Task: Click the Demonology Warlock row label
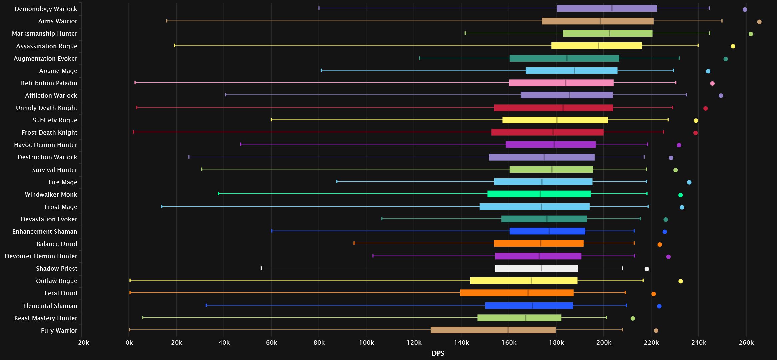(x=46, y=9)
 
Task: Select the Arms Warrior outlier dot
(x=759, y=22)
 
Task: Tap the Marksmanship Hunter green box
(x=608, y=33)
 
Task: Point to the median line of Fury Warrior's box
(x=508, y=330)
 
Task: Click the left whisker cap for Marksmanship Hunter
(x=465, y=33)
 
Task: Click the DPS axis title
(x=438, y=354)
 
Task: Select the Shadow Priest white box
(x=537, y=268)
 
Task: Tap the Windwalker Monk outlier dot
(x=681, y=195)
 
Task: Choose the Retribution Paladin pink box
(x=561, y=83)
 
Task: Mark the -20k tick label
(x=81, y=343)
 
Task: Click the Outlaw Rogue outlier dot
(x=681, y=281)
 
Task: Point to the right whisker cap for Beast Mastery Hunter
(x=606, y=317)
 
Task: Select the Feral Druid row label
(x=61, y=293)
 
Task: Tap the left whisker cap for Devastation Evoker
(x=382, y=219)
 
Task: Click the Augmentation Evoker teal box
(x=564, y=58)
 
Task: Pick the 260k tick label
(x=746, y=343)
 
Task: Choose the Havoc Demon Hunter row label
(x=46, y=145)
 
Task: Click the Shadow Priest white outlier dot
(x=647, y=269)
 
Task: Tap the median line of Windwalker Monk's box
(x=540, y=194)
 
